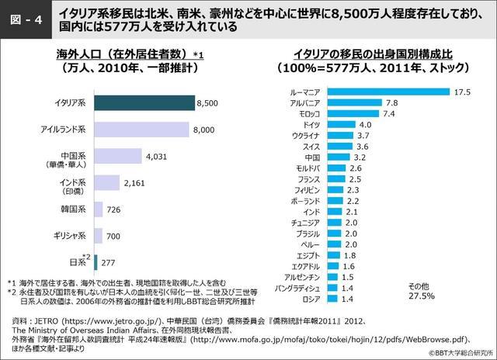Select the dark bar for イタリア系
[x=144, y=102]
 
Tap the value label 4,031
[x=156, y=156]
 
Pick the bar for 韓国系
[x=99, y=209]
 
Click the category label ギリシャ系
[x=69, y=235]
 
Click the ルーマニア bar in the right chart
[x=388, y=92]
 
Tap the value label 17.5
[x=463, y=92]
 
